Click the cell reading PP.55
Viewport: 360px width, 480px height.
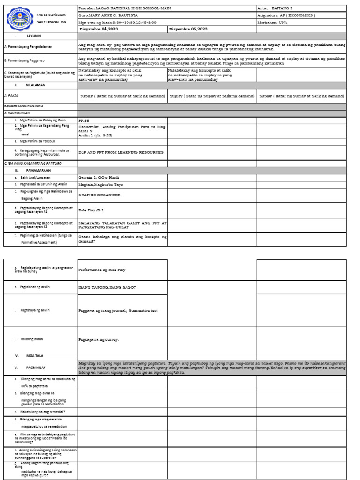click(x=83, y=120)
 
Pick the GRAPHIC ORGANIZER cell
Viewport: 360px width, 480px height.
click(x=99, y=195)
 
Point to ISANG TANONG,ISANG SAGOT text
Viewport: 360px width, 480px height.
click(x=107, y=287)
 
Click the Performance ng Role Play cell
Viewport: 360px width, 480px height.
click(x=102, y=270)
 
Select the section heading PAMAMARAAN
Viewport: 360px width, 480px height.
click(x=37, y=171)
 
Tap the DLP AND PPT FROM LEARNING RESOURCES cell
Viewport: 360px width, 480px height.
click(x=121, y=152)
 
